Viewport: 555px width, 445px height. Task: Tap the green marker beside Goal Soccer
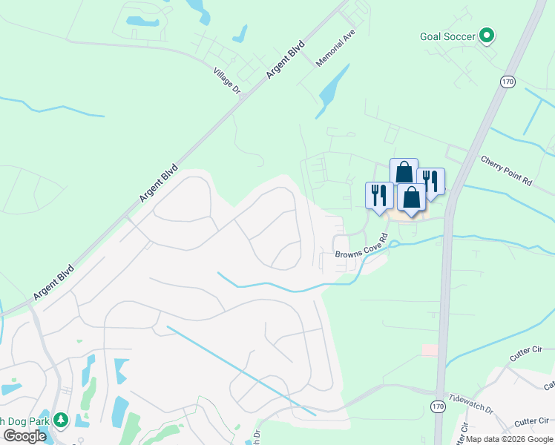(x=487, y=35)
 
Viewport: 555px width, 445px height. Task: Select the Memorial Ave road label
(x=336, y=50)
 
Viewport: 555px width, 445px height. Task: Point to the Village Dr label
(x=227, y=80)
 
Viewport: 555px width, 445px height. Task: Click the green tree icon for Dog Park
(x=61, y=421)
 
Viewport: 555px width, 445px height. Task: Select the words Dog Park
(x=26, y=421)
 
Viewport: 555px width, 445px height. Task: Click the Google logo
(x=24, y=436)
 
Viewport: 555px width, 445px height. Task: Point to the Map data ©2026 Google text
(x=510, y=439)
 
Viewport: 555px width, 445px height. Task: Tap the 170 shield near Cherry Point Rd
(x=508, y=82)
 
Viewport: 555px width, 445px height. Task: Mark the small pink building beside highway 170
(x=430, y=349)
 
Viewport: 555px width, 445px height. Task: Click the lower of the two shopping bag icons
(x=411, y=198)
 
